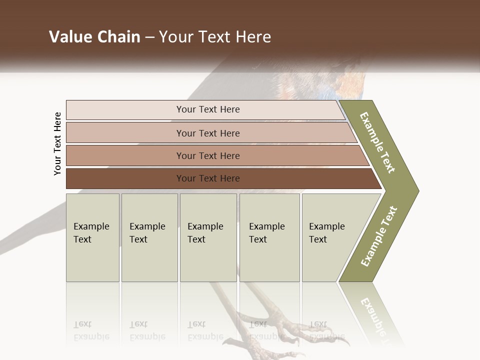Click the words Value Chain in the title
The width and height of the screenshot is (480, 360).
tap(94, 37)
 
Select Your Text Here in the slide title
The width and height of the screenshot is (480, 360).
tap(215, 37)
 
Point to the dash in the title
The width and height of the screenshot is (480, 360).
tap(149, 37)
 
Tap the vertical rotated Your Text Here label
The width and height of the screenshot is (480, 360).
tap(58, 144)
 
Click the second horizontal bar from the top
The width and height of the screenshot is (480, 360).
tap(207, 133)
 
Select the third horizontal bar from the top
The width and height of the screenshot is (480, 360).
tap(207, 155)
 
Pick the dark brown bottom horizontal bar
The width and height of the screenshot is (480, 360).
tap(207, 178)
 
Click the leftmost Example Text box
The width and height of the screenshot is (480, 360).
tap(92, 237)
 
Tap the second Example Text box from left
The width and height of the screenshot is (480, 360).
tap(149, 237)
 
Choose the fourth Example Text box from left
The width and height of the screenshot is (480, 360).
tap(269, 237)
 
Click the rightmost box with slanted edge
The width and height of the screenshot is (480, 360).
tap(330, 237)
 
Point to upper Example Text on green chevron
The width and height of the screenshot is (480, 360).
tap(378, 142)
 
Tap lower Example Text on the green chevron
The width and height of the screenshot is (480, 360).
tap(379, 236)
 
